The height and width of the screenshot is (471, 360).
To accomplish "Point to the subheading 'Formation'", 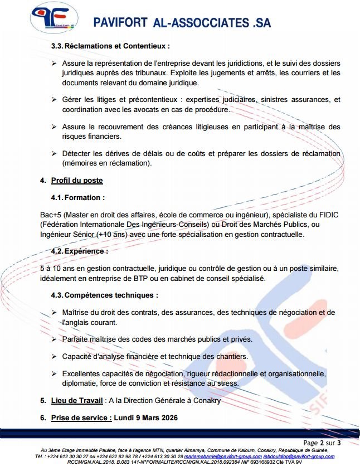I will [x=84, y=197].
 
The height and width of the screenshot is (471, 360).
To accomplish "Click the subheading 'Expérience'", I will [x=86, y=251].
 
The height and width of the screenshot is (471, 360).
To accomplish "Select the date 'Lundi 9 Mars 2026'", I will [x=146, y=417].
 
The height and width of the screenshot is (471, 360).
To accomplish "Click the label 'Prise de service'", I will [x=81, y=417].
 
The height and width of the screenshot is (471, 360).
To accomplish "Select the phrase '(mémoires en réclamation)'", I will [x=106, y=163].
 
